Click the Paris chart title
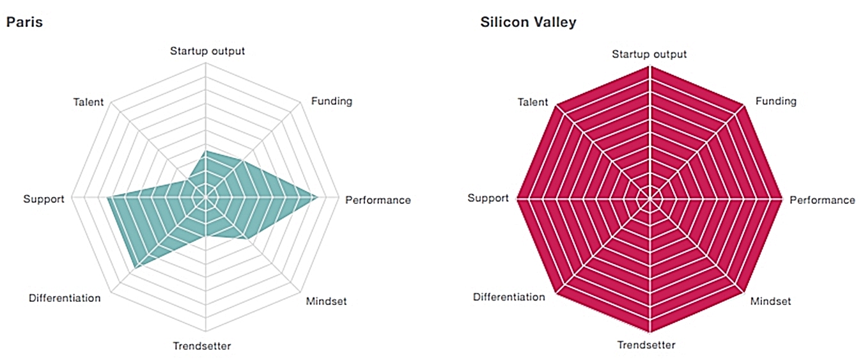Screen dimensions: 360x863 pyautogui.click(x=24, y=22)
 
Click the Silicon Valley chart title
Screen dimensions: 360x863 pyautogui.click(x=528, y=22)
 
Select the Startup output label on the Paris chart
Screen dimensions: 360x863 pyautogui.click(x=207, y=51)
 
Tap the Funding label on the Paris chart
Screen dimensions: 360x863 pyautogui.click(x=331, y=101)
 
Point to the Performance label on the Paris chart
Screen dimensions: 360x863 pyautogui.click(x=378, y=200)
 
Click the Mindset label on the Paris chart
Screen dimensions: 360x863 pyautogui.click(x=326, y=301)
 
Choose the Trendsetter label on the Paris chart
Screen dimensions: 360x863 pyautogui.click(x=202, y=346)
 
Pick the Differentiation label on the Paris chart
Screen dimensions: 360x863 pyautogui.click(x=65, y=298)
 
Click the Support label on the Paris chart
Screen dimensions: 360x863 pyautogui.click(x=43, y=199)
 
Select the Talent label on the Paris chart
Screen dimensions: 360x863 pyautogui.click(x=88, y=102)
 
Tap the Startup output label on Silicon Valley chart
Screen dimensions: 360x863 pyautogui.click(x=649, y=54)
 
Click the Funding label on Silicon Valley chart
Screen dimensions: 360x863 pyautogui.click(x=776, y=101)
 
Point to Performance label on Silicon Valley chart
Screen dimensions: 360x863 pyautogui.click(x=822, y=200)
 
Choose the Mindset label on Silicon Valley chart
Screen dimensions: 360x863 pyautogui.click(x=770, y=301)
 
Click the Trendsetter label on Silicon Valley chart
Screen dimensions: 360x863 pyautogui.click(x=646, y=345)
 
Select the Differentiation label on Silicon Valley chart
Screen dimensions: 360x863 pyautogui.click(x=509, y=297)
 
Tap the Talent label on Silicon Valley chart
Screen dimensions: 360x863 pyautogui.click(x=533, y=102)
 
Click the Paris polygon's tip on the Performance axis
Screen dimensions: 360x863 pyautogui.click(x=318, y=199)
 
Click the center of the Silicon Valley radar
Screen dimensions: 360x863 pyautogui.click(x=650, y=200)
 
